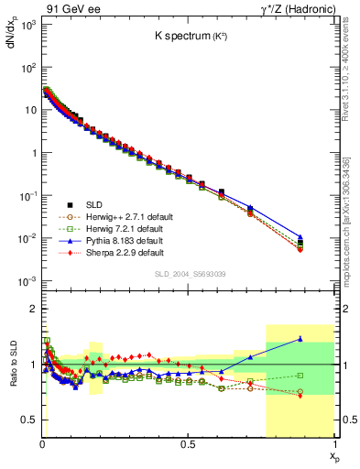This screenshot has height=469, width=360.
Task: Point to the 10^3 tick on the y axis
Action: coord(27,24)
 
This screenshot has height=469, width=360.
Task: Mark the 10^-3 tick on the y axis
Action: coord(27,280)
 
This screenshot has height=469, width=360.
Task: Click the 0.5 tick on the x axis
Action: coord(189,444)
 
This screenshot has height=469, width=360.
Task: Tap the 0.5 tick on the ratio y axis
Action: coord(31,420)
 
